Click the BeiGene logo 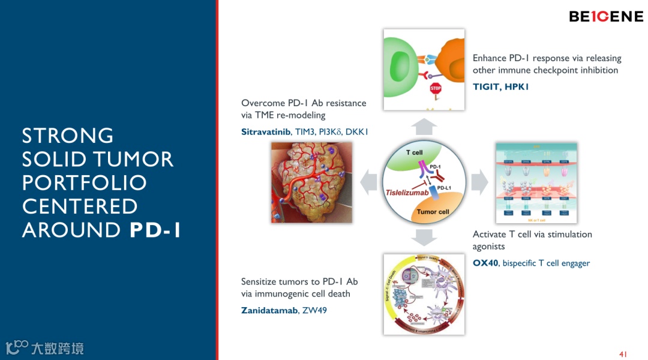coord(606,17)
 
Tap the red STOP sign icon coord(436,89)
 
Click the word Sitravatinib coord(266,131)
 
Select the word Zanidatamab coord(269,310)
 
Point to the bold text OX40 coord(485,263)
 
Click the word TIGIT coord(487,87)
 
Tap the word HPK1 coord(517,87)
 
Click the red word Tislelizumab coord(407,193)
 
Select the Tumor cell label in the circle coord(433,212)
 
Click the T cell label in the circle coord(414,152)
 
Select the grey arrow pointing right coord(480,181)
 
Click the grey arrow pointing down coord(425,237)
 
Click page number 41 coord(623,354)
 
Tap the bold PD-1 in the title coord(155,230)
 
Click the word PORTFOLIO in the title coord(84,182)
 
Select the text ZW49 coord(315,310)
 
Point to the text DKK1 coord(356,131)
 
